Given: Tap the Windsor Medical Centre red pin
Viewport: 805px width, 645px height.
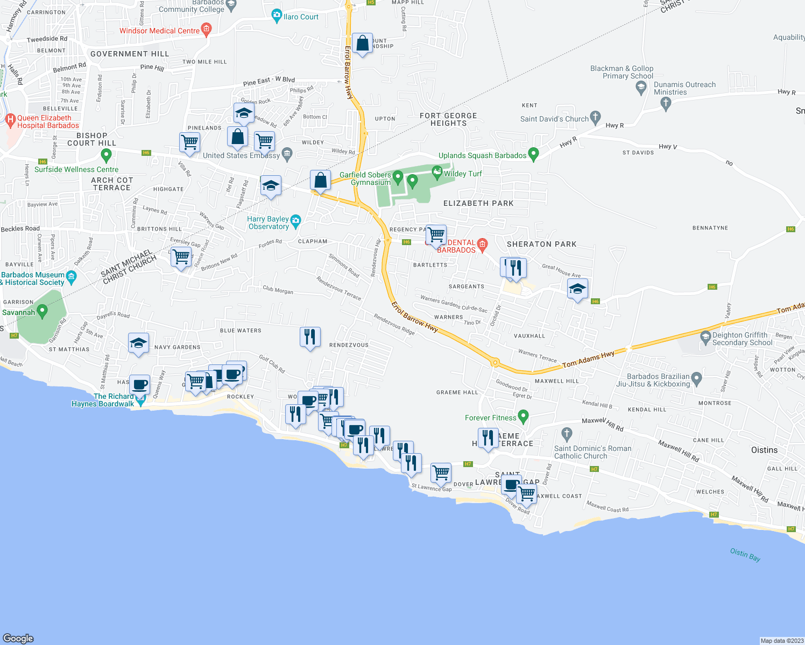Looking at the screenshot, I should click(x=206, y=29).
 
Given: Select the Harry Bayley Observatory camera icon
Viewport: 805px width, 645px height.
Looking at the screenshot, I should click(x=295, y=220).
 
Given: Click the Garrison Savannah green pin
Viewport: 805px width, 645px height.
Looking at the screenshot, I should click(x=43, y=311).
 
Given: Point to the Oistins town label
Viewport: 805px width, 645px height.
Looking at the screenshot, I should click(x=764, y=450).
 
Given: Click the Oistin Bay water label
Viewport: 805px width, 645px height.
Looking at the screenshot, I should click(x=745, y=554).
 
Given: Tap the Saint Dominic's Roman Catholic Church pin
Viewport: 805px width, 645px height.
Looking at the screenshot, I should click(x=566, y=433).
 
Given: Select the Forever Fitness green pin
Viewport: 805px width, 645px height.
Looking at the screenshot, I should click(x=524, y=417).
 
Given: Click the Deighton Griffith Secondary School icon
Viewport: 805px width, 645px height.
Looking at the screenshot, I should click(x=705, y=338).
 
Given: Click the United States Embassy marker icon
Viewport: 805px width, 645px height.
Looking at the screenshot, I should click(x=287, y=154).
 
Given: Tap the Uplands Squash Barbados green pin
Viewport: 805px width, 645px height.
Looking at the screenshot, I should click(x=533, y=154).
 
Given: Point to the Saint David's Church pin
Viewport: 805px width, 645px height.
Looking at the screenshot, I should click(x=595, y=117).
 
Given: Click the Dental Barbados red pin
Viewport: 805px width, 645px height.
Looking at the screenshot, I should click(x=482, y=245).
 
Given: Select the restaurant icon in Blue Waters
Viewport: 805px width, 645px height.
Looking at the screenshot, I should click(x=310, y=337).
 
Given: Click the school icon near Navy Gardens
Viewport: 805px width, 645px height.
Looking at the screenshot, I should click(x=138, y=343).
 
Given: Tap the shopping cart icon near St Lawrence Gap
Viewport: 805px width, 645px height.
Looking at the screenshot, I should click(x=441, y=473).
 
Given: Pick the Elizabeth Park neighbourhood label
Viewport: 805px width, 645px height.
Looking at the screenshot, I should click(x=478, y=203).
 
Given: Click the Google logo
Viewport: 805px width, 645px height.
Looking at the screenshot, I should click(x=18, y=638).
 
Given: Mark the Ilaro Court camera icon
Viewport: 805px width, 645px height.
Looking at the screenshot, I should click(x=277, y=16).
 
